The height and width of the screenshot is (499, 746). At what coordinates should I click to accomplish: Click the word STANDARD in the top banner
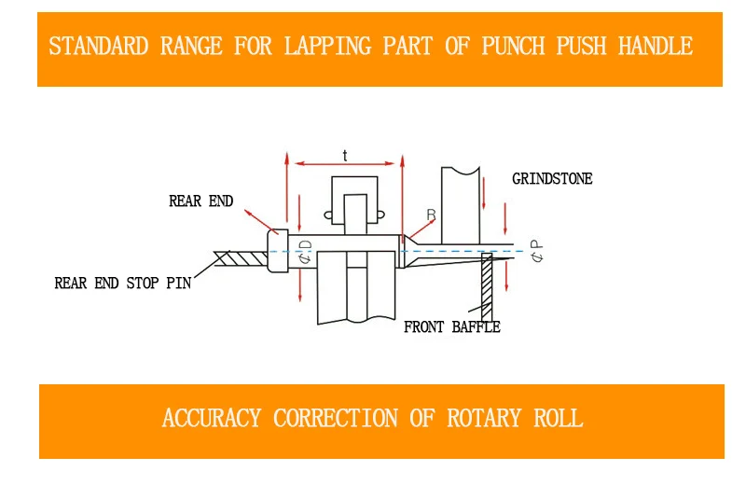99,46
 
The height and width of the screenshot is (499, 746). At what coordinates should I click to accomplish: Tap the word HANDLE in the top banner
656,46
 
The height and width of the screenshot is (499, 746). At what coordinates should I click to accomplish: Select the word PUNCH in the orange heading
514,46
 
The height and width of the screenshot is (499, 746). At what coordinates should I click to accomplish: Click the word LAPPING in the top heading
328,46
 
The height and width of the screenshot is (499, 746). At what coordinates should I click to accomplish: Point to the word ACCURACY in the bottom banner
212,418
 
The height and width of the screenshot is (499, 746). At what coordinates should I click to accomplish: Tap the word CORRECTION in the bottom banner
336,418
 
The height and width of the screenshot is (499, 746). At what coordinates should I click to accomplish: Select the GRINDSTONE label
552,179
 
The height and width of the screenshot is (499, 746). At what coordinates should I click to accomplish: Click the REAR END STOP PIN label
123,283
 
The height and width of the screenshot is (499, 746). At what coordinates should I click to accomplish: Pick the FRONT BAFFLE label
452,327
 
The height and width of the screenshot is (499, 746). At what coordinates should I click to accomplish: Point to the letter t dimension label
345,156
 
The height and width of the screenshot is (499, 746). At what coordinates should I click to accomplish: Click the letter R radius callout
431,215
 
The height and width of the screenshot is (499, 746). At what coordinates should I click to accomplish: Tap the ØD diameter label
305,252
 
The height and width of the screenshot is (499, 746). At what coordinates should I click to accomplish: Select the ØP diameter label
537,251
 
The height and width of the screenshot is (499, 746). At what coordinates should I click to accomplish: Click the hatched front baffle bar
487,287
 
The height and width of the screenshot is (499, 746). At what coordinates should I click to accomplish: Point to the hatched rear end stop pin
241,258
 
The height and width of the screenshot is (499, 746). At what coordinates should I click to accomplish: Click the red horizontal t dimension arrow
345,163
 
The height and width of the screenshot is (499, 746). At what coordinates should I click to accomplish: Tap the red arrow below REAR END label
261,222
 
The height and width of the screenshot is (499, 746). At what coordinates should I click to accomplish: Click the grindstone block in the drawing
461,205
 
